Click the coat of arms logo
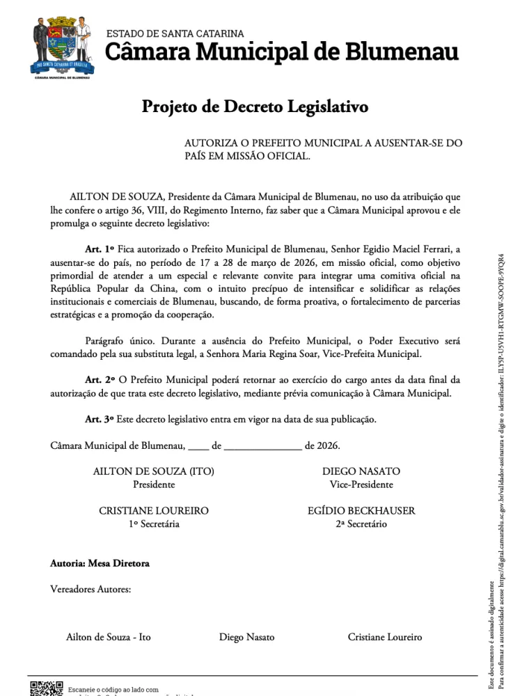pos(61,47)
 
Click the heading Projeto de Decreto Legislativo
pos(255,107)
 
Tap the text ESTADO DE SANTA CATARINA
pos(175,33)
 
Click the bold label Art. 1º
pos(100,248)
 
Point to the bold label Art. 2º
pos(100,380)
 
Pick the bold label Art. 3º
pos(100,419)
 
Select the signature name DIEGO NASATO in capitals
pos(361,471)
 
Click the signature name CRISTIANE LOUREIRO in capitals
pos(154,511)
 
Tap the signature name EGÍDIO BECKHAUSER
pos(361,511)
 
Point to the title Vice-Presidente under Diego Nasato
pos(361,484)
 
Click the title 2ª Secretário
pos(361,524)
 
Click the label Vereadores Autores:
pos(90,590)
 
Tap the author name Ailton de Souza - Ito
pos(109,637)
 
